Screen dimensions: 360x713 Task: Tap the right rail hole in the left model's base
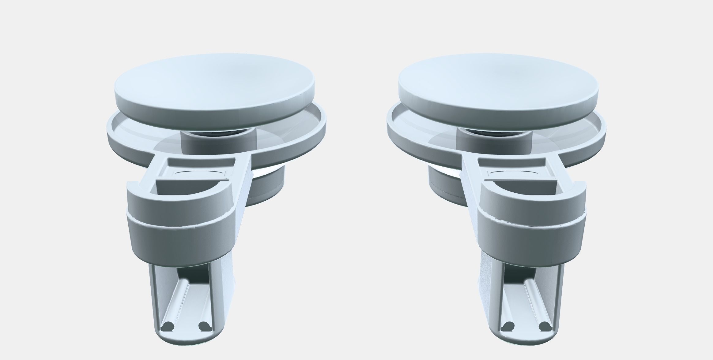point(204,327)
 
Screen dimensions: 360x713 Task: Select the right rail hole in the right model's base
point(545,327)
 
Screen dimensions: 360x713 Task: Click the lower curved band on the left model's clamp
point(181,242)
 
